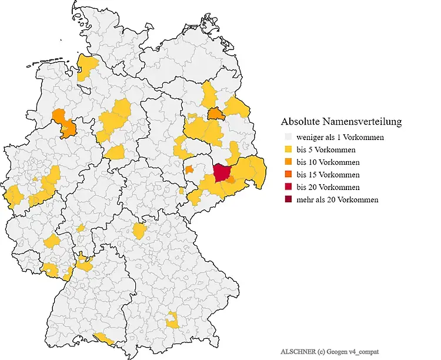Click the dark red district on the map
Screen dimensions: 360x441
tap(222, 173)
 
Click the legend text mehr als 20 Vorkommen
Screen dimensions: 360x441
tap(337, 199)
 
